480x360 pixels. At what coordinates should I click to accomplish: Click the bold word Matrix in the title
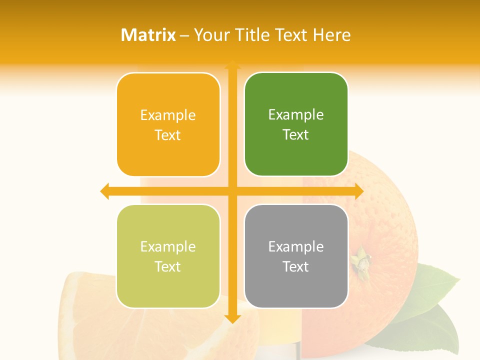click(x=148, y=35)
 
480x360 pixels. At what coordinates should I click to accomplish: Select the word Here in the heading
click(x=331, y=35)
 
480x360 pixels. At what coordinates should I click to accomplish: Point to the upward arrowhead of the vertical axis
click(x=232, y=65)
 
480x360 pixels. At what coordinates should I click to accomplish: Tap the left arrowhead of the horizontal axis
click(x=105, y=191)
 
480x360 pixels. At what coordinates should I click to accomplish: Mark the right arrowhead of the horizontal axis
click(x=358, y=191)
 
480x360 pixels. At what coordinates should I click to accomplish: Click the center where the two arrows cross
click(x=232, y=191)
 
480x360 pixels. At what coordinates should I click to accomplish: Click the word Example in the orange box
click(x=168, y=115)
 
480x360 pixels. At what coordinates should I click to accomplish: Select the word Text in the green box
click(x=296, y=135)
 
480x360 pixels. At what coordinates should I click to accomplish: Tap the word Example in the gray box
click(x=296, y=246)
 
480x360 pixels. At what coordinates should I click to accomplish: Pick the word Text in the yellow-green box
click(x=168, y=266)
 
